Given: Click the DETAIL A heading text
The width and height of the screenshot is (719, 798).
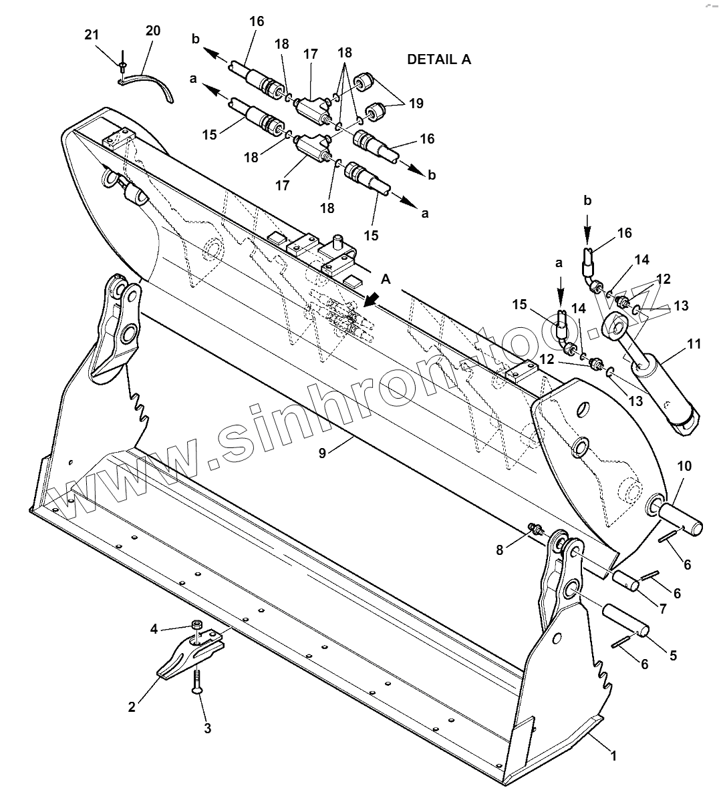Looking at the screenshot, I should pyautogui.click(x=439, y=59).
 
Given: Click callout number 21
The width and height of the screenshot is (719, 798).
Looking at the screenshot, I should pyautogui.click(x=92, y=35).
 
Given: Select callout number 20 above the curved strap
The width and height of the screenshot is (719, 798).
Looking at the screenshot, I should pyautogui.click(x=153, y=31).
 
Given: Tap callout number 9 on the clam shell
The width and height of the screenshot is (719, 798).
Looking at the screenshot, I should pyautogui.click(x=323, y=453).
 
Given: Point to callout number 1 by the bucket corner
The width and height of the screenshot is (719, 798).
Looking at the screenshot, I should pyautogui.click(x=614, y=756).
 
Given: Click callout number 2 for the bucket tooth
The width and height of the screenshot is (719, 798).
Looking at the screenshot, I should pyautogui.click(x=132, y=707).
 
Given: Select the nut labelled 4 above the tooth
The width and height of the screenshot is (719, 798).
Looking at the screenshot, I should pyautogui.click(x=197, y=626).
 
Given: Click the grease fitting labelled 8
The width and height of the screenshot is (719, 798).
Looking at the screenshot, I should pyautogui.click(x=536, y=529).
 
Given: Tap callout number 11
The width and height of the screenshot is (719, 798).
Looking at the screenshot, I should pyautogui.click(x=694, y=345).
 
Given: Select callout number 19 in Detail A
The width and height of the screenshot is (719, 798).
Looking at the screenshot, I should pyautogui.click(x=416, y=104).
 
